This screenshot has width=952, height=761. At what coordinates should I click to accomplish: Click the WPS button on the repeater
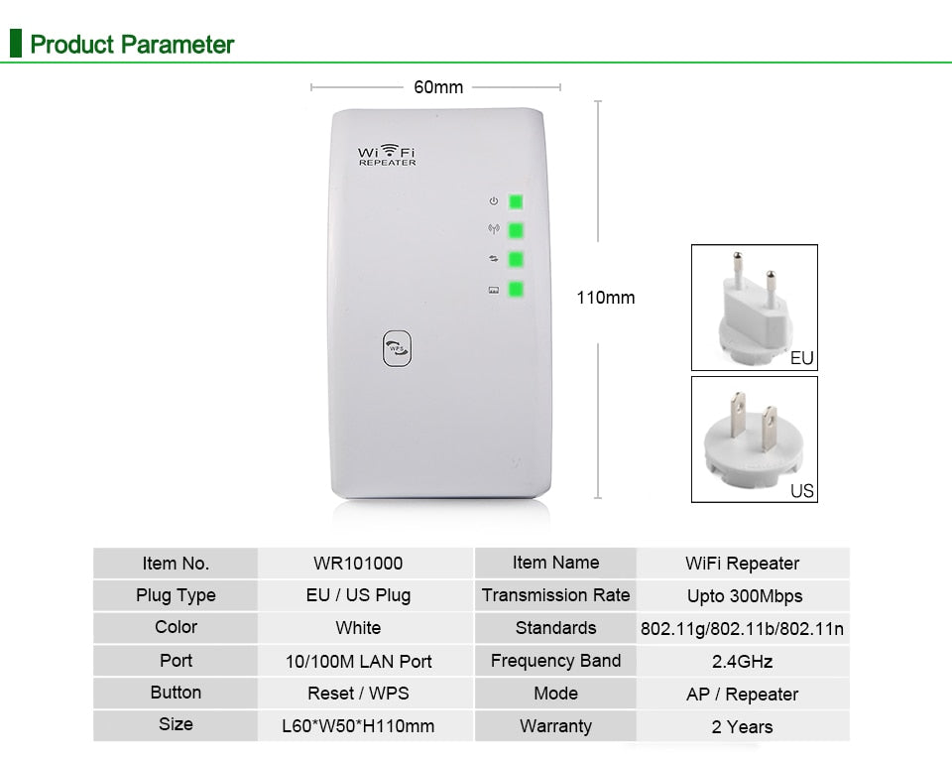coord(397,348)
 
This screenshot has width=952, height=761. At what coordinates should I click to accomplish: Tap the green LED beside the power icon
coord(516,201)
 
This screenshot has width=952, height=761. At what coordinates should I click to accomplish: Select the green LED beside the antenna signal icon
coord(516,231)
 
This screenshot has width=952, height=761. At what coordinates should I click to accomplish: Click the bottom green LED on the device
coord(516,289)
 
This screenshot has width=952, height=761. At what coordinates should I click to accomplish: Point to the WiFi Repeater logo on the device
coord(387,155)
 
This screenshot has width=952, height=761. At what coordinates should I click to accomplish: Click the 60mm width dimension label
coord(438,87)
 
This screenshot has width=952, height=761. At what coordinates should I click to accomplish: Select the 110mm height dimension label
coord(605,298)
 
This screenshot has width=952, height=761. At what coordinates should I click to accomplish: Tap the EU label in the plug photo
coord(801,358)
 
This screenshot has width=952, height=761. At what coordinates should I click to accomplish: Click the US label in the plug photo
coord(801,491)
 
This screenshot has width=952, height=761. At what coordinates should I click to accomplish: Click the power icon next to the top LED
coord(494,201)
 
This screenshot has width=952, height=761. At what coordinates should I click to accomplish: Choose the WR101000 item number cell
coord(358,563)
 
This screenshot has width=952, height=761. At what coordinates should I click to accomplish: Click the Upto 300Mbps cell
coord(745,596)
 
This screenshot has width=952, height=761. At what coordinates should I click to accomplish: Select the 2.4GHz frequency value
coord(742,662)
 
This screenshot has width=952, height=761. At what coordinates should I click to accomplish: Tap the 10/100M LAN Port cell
coord(358,662)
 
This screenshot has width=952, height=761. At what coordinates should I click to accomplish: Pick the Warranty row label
coord(555,726)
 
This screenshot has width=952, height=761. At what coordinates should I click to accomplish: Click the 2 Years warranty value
coord(742,727)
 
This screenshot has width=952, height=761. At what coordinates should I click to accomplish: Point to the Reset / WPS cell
coord(358,694)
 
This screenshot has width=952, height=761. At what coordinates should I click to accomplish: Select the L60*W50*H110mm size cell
coord(358,726)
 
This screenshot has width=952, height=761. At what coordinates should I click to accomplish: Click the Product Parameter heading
coord(132,45)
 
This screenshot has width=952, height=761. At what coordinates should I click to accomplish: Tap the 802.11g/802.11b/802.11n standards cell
coord(742,629)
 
